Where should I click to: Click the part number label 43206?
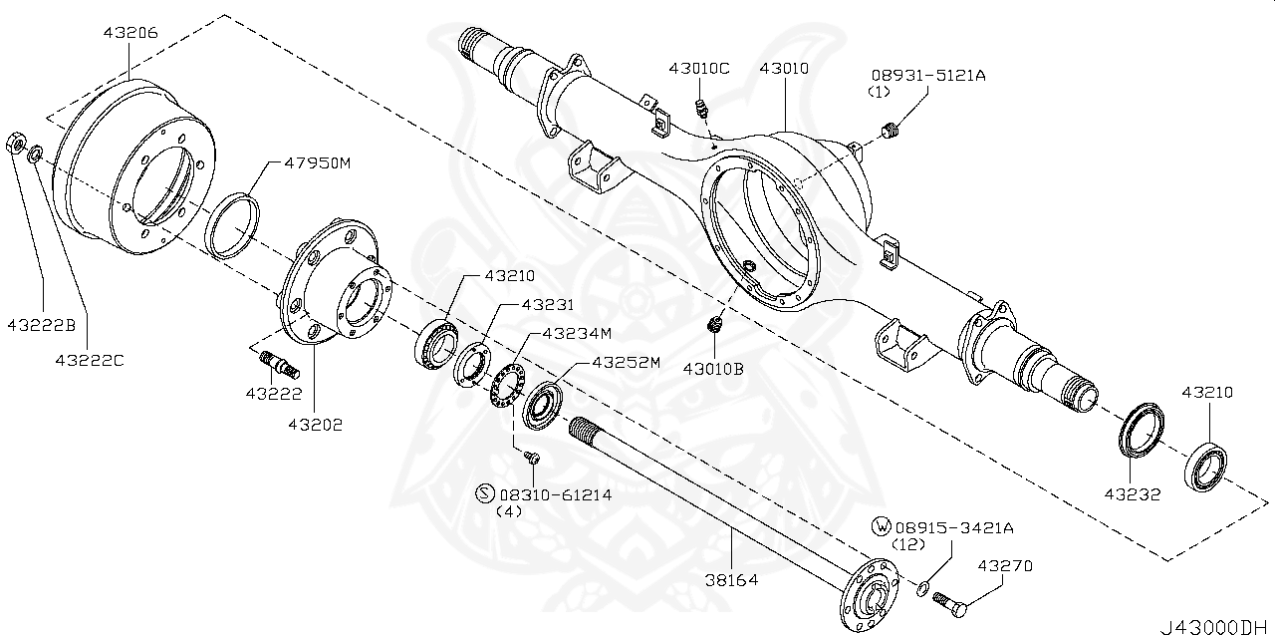point(129,32)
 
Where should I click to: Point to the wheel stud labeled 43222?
point(280,364)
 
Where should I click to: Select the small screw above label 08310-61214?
point(532,457)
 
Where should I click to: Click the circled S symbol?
point(485,493)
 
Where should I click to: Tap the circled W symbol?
point(881,526)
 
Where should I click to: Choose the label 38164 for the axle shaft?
point(732,579)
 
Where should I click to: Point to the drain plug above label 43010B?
point(713,325)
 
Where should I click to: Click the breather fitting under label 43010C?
point(701,107)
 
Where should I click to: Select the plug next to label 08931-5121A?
point(892,130)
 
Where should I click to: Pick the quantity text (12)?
point(908,544)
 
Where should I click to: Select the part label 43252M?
point(626,362)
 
